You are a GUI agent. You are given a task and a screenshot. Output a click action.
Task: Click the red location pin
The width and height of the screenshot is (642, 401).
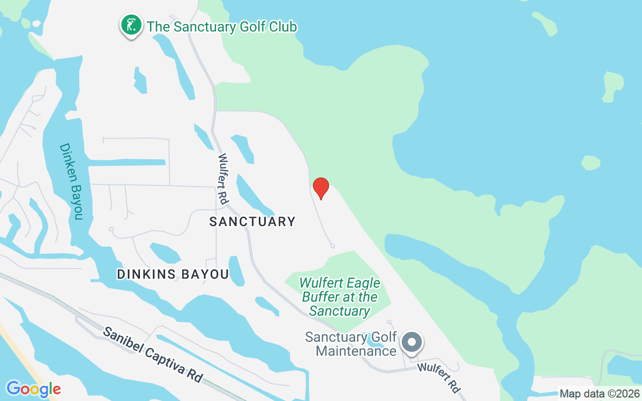coord(320,188)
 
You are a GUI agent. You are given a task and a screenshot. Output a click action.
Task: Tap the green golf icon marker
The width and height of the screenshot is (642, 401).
coord(131,24)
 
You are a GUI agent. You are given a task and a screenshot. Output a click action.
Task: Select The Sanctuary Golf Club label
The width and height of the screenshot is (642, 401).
coord(222,27)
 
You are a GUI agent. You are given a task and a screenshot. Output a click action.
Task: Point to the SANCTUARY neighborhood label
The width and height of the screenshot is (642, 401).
coord(252,222)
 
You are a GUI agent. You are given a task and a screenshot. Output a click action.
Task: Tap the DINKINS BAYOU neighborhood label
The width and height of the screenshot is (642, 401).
coord(173,274)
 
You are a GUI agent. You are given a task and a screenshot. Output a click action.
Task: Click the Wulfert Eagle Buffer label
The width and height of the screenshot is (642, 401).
coord(340,297)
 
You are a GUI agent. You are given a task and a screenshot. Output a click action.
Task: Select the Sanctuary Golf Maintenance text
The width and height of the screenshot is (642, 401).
coord(351,344)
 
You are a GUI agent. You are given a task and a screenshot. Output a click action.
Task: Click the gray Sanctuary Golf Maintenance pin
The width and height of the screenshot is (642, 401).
coord(412,342)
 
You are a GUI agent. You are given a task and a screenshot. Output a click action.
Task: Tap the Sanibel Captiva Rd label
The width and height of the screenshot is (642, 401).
coord(153,354)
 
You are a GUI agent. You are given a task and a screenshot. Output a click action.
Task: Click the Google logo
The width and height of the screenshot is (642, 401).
coord(33,389)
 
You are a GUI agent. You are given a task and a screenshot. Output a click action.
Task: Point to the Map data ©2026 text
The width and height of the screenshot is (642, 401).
coord(599,394)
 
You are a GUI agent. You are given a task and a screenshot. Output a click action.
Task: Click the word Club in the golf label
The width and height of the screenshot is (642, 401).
coord(281,27)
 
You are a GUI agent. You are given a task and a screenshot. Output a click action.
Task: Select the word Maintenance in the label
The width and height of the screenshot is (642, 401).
coord(356,351)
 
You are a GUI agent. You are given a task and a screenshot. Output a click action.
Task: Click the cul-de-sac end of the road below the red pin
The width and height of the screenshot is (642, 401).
coord(332,245)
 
